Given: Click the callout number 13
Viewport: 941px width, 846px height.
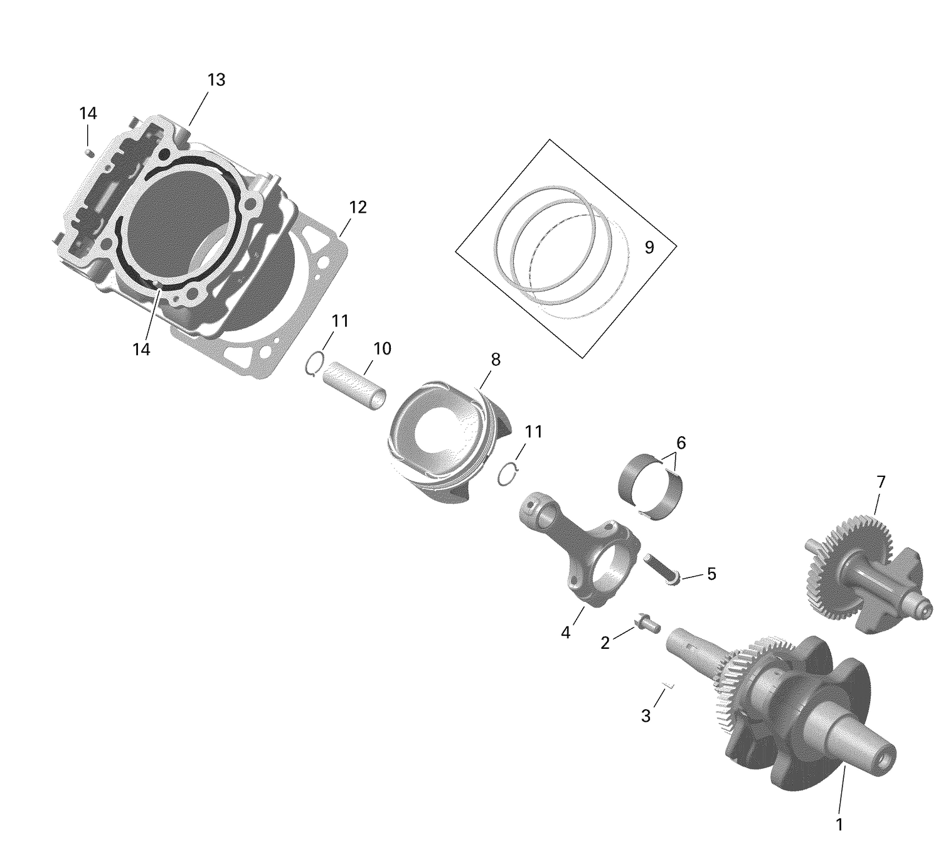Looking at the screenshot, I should [216, 80].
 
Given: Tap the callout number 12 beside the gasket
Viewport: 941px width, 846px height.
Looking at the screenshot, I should [358, 207].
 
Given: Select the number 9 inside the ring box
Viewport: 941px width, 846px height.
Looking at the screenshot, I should [649, 247].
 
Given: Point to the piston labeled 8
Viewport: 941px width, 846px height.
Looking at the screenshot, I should [439, 439].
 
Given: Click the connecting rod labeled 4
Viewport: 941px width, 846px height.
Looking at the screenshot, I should [577, 552].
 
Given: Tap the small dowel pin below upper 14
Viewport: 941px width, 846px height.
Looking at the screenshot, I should [89, 151].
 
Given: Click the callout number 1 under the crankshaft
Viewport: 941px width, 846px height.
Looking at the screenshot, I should [839, 824].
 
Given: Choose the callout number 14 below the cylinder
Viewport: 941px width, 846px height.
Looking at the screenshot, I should [141, 350].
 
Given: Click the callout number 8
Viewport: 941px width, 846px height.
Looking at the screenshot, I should [496, 360].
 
